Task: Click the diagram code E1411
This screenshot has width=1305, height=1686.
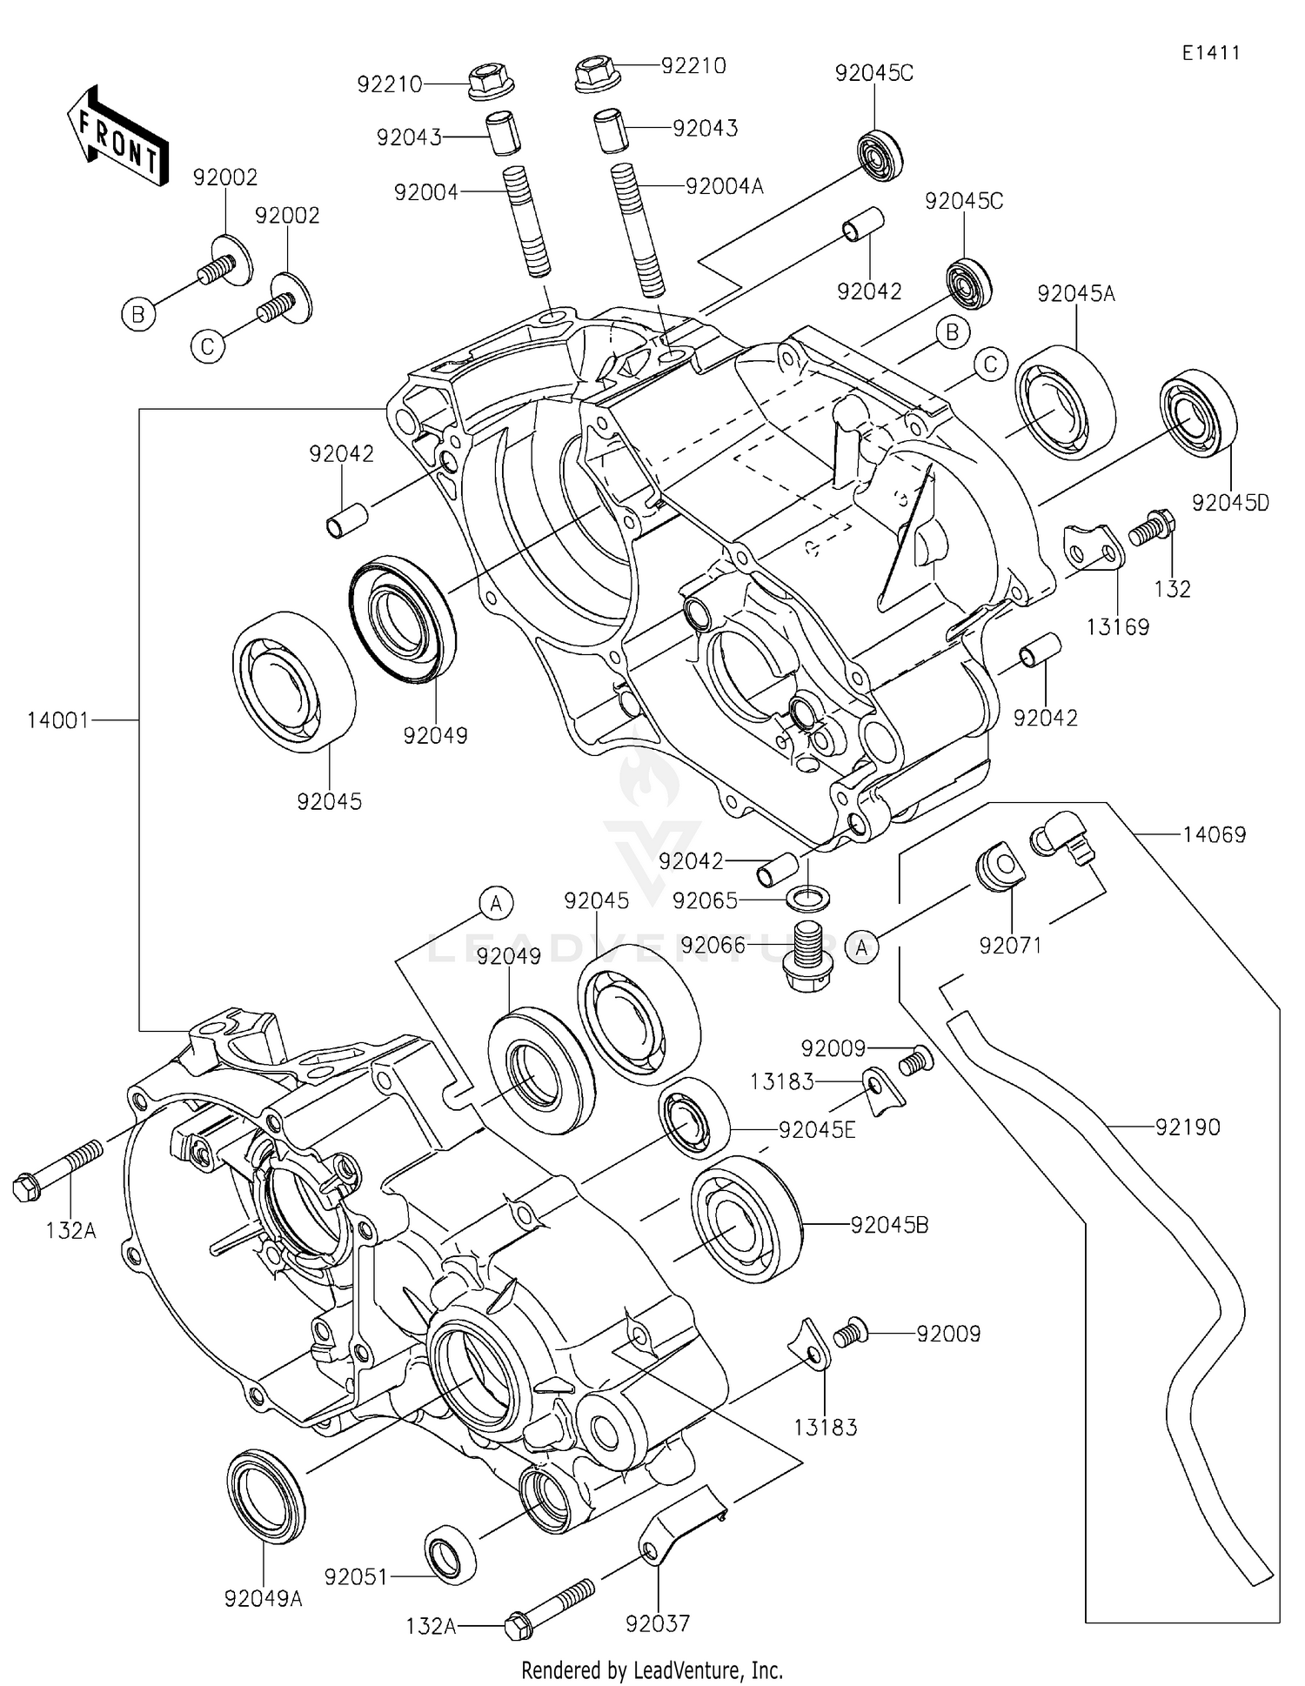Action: point(1210,52)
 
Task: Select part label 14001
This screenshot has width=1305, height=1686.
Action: point(57,720)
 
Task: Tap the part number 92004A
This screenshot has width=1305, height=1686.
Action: point(724,185)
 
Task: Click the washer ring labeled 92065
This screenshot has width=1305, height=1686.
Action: point(808,896)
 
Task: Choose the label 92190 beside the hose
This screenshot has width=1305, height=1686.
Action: point(1188,1127)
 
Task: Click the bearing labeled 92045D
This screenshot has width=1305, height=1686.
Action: point(1199,412)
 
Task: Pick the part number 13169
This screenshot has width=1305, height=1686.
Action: point(1118,626)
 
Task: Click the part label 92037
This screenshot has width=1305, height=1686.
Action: point(657,1623)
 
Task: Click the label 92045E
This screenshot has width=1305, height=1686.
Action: point(817,1130)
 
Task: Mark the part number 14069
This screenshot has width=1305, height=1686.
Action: point(1214,835)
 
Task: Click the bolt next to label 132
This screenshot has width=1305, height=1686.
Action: point(1152,527)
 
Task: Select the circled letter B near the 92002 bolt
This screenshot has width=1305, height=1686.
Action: point(137,314)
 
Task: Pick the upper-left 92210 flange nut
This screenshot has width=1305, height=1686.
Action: point(490,83)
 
